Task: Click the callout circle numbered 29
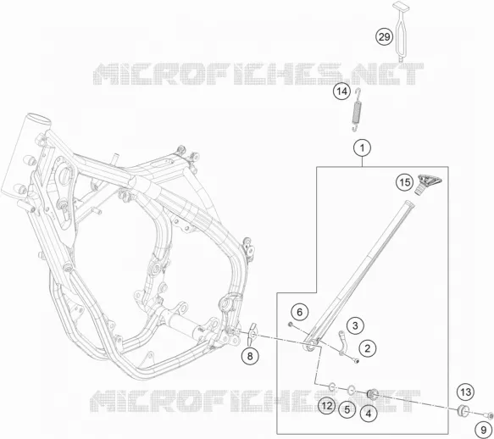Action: [x=384, y=37]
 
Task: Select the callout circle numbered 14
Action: [x=341, y=92]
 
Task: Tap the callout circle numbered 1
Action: [x=363, y=147]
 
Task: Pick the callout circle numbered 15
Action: [x=405, y=182]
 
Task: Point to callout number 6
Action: [x=299, y=312]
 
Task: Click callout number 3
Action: [x=355, y=325]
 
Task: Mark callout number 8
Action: [x=250, y=357]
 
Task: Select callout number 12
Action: [x=327, y=406]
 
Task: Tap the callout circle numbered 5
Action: [x=347, y=409]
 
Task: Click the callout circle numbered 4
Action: [x=369, y=414]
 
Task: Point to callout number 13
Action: [x=466, y=392]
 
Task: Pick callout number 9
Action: [x=484, y=430]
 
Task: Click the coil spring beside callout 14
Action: [x=357, y=110]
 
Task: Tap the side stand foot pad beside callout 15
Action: [x=429, y=184]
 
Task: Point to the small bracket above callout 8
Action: [x=252, y=334]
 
